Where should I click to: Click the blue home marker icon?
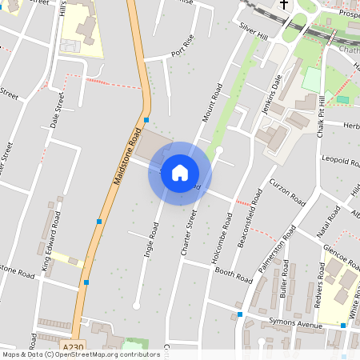[180, 173]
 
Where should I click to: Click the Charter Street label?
[189, 232]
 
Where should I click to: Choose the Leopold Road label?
[340, 163]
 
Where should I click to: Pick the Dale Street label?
[57, 110]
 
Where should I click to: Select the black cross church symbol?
[283, 6]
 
